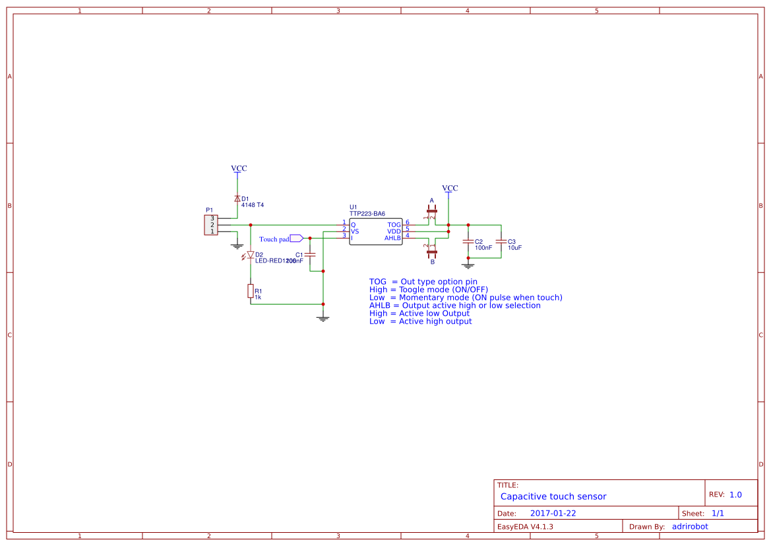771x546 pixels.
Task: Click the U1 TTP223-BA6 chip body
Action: click(376, 231)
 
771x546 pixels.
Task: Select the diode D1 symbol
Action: click(237, 198)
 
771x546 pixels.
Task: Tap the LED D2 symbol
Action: click(251, 255)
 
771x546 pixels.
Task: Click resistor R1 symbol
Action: click(251, 291)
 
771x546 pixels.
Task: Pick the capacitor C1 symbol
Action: click(311, 255)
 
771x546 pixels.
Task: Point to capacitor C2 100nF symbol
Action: click(468, 242)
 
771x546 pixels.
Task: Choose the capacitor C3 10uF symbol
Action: click(501, 242)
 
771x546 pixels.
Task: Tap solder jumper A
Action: click(432, 212)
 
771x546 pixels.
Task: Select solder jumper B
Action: click(432, 251)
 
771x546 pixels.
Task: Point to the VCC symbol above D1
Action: click(239, 169)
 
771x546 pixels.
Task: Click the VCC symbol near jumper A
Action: click(450, 189)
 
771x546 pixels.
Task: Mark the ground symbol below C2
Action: click(468, 266)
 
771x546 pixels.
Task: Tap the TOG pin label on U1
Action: click(394, 225)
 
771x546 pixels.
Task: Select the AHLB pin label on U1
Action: click(392, 237)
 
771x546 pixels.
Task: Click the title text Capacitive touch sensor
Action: click(553, 497)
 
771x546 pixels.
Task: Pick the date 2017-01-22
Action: click(553, 513)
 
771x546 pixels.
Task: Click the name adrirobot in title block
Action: click(690, 526)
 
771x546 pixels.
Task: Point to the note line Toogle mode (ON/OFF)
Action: click(429, 289)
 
